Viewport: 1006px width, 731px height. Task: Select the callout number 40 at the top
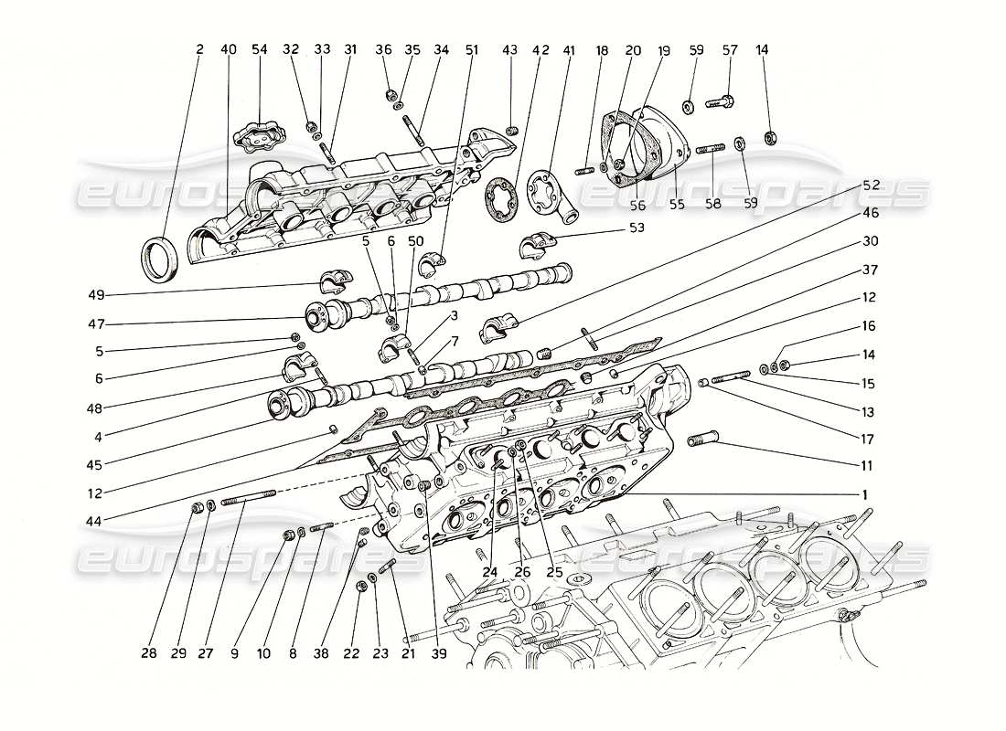coord(228,49)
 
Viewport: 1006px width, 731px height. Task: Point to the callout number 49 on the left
coord(98,294)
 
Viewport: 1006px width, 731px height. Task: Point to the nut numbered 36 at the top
coord(389,93)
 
